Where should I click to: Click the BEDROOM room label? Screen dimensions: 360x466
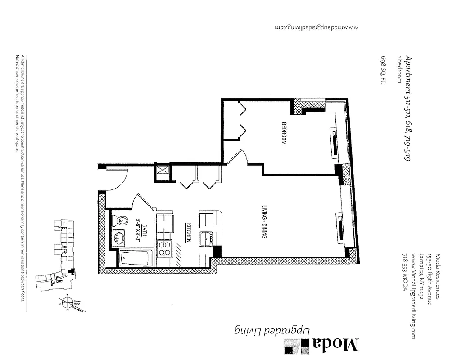(x=284, y=134)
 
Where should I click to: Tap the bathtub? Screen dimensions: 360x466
(x=136, y=260)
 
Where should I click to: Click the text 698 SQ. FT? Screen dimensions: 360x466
(x=383, y=70)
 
